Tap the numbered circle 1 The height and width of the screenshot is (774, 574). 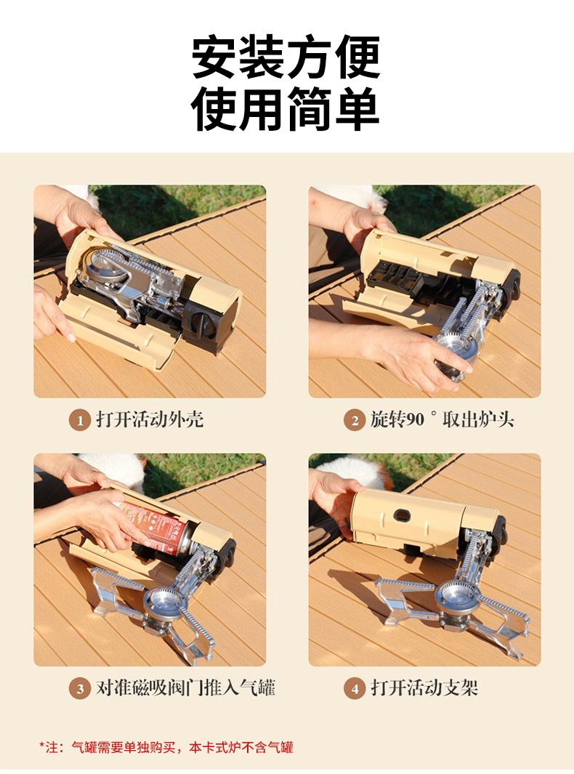click(x=79, y=421)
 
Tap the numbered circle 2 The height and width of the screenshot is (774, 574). click(x=355, y=421)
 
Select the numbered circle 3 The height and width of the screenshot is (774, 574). click(x=79, y=688)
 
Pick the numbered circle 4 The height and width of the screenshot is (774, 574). click(x=355, y=688)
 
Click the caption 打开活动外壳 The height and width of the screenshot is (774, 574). click(x=150, y=419)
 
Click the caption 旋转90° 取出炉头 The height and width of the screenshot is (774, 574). click(x=442, y=419)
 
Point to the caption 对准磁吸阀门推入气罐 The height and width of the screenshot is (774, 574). click(x=185, y=687)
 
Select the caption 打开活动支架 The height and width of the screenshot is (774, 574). click(x=424, y=687)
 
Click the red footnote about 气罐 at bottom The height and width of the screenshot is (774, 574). click(x=166, y=747)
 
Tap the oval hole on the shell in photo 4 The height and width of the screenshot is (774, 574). click(x=403, y=516)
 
